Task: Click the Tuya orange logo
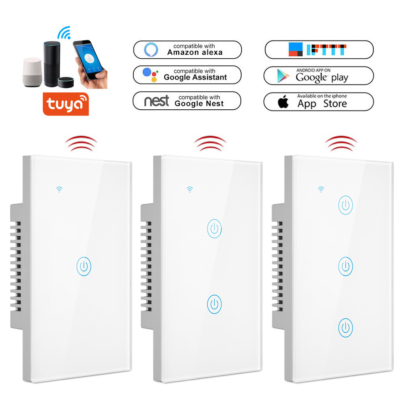65,104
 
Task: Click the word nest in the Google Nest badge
156,101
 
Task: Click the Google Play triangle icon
283,76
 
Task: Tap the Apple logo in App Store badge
283,102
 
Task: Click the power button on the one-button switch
83,266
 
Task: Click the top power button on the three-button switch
346,205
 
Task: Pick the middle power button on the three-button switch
346,266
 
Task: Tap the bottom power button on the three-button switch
346,328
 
